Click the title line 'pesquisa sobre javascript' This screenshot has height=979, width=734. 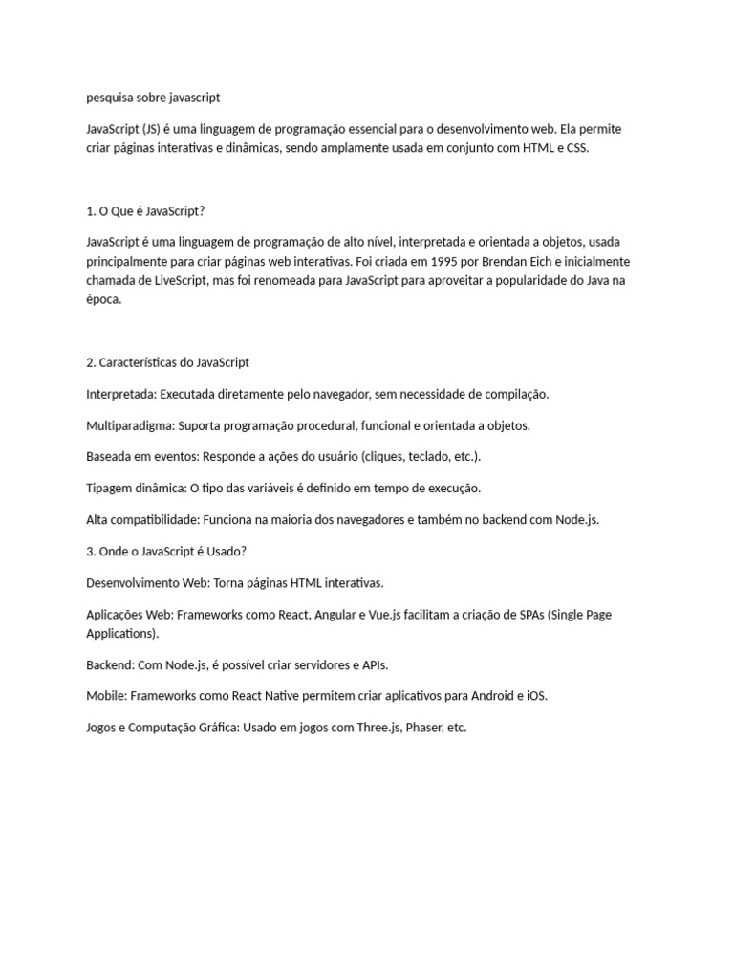point(153,97)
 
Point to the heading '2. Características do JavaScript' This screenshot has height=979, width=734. point(167,362)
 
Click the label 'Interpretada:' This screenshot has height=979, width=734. point(120,394)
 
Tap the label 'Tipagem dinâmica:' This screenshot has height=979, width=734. point(136,488)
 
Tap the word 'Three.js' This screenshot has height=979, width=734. point(378,728)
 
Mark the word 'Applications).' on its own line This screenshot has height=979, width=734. point(122,633)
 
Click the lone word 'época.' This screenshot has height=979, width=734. point(104,299)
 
